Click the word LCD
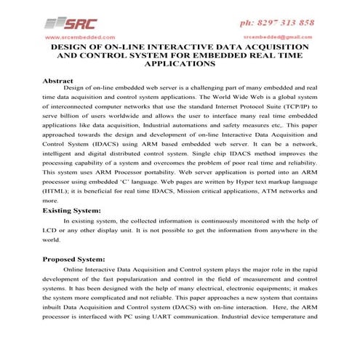click(50, 229)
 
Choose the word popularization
click(151, 279)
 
